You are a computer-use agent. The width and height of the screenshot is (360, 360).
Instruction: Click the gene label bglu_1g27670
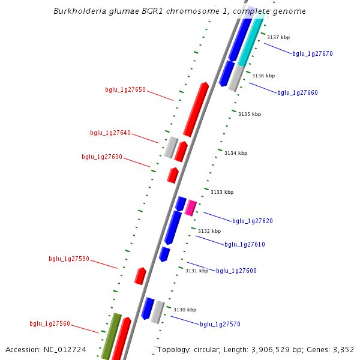tap(312, 54)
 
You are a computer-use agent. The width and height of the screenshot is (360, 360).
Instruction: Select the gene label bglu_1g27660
tap(297, 93)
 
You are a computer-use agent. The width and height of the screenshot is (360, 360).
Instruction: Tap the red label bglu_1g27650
tap(125, 90)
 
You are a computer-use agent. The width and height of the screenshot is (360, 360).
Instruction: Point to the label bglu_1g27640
tap(110, 133)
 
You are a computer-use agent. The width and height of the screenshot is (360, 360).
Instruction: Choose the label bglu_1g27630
tap(102, 157)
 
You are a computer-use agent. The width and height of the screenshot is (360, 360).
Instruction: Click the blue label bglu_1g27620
tap(253, 221)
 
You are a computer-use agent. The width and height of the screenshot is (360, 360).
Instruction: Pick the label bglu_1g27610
tap(245, 245)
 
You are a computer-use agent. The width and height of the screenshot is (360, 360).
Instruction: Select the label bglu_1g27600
tap(236, 271)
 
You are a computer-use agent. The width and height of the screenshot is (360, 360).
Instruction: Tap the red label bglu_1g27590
tap(69, 259)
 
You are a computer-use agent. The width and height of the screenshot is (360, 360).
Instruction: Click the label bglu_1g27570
tap(220, 325)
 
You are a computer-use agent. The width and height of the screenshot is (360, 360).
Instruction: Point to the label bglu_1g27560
tap(50, 324)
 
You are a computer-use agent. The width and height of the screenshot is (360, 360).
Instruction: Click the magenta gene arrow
tap(191, 208)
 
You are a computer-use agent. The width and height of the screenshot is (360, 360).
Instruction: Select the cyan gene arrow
tap(250, 41)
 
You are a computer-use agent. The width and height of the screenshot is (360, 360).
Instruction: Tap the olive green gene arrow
tap(110, 337)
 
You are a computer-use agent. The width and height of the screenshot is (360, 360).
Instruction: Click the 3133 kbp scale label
tap(222, 193)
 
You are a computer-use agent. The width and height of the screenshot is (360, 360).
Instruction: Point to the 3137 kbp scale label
tap(278, 38)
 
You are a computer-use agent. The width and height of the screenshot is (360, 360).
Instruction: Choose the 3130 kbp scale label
tap(185, 310)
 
